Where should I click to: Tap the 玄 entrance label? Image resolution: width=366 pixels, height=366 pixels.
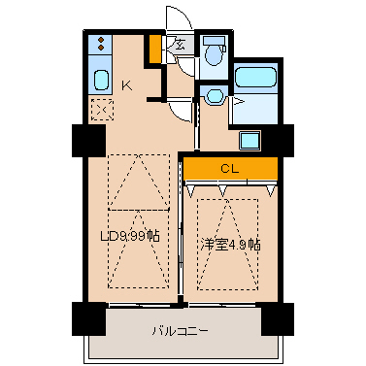coord(182,45)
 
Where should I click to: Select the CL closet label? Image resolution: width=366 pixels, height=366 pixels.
coord(228,169)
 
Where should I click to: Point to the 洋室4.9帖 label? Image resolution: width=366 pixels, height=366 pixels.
coord(231,244)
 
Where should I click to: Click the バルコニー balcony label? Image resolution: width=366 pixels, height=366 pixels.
coord(181,330)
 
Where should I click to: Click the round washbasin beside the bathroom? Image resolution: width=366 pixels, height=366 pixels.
coord(213,95)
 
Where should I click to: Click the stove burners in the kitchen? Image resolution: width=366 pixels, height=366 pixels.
coord(101,46)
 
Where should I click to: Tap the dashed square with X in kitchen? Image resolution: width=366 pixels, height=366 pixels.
coord(100,109)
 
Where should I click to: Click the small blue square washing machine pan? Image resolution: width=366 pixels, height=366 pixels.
coord(250,139)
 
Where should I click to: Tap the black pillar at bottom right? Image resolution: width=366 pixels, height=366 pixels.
coord(278,316)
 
